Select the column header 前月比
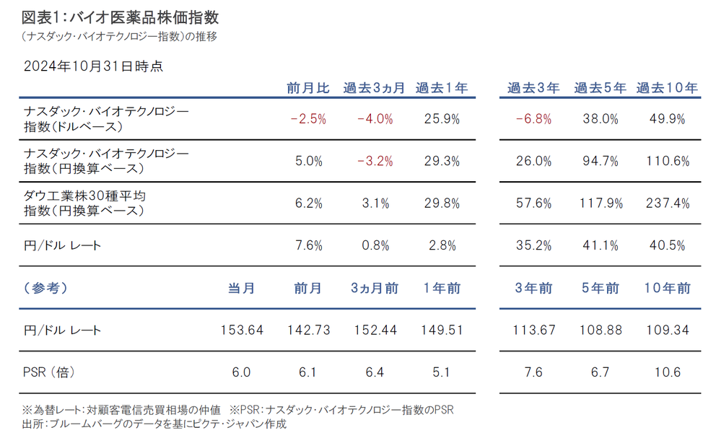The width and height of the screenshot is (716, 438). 308,88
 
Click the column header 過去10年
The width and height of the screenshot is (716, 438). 667,88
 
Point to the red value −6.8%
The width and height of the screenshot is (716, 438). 533,119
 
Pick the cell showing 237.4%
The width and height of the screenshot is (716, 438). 667,203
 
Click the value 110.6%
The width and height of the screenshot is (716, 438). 667,161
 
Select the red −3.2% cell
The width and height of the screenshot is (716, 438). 375,161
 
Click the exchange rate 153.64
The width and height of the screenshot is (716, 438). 241,330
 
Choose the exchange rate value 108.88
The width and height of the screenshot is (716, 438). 600,330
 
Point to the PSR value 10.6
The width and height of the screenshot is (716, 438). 667,372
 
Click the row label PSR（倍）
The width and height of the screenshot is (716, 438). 49,372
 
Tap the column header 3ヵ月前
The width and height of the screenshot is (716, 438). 375,288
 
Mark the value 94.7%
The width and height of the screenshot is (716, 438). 600,161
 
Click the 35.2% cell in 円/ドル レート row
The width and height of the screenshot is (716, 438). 533,245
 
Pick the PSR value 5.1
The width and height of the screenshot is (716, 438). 440,372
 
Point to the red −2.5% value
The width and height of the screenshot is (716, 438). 308,119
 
